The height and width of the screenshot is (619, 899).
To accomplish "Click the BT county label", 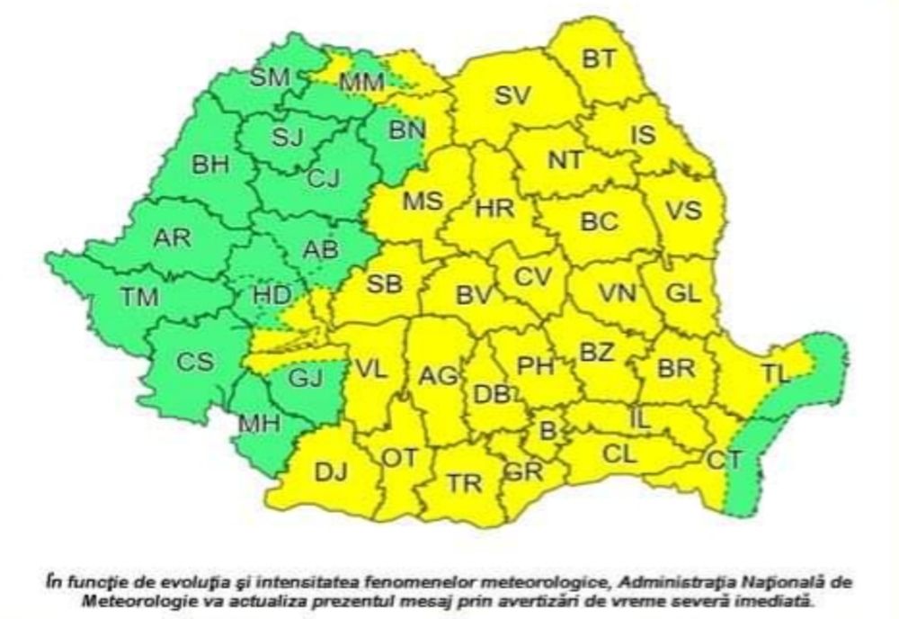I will click(x=599, y=59).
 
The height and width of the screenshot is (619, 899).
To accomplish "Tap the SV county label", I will click(x=514, y=94).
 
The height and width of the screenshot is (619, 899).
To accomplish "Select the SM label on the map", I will click(x=270, y=77).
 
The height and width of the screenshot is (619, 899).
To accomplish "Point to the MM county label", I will click(x=361, y=83).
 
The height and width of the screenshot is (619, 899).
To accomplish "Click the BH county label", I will click(x=210, y=166).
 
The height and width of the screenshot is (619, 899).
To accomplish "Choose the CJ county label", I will click(x=323, y=179).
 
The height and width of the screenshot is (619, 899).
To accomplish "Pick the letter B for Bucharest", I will click(x=547, y=430).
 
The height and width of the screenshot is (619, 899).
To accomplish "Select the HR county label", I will click(x=494, y=210).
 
